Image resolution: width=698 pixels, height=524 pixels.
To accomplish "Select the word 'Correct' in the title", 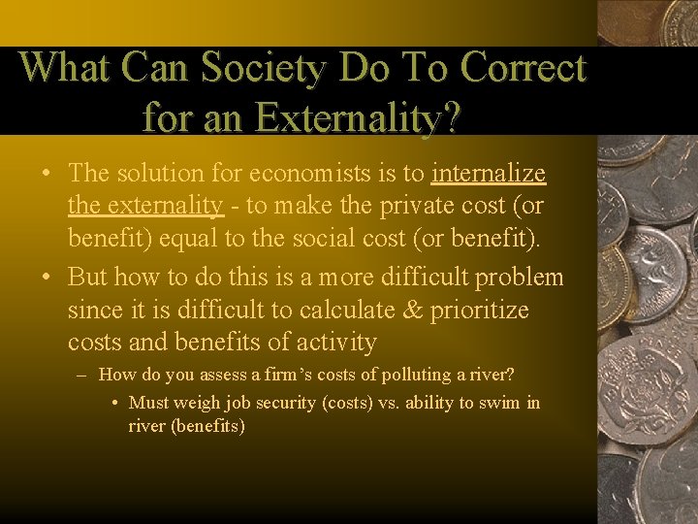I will pos(523,68).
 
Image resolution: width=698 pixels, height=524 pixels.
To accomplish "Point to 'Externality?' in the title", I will pos(358,118).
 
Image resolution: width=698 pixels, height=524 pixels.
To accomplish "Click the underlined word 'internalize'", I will pos(489,174).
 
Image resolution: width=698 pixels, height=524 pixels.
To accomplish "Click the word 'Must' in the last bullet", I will pos(148,403).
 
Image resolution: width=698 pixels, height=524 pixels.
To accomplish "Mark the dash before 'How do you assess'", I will pos(84,376).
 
